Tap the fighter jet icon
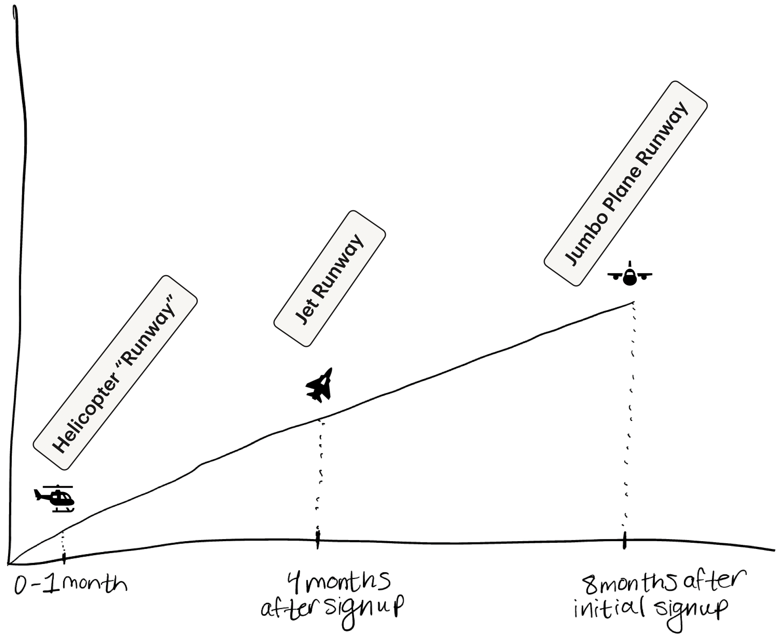pos(320,386)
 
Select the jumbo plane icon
pos(630,275)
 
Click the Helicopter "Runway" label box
pos(115,372)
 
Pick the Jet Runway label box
pos(330,278)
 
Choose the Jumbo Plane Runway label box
pos(626,184)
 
